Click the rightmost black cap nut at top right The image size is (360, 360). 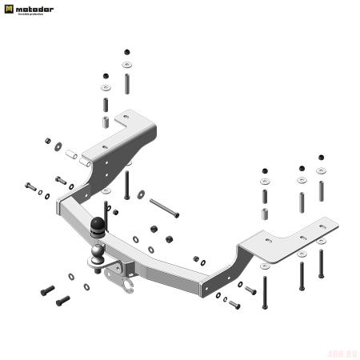point(322,158)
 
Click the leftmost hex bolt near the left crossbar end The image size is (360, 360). point(30,186)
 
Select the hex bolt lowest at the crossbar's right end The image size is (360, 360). point(234,305)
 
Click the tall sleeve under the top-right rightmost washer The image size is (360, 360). point(321,191)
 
